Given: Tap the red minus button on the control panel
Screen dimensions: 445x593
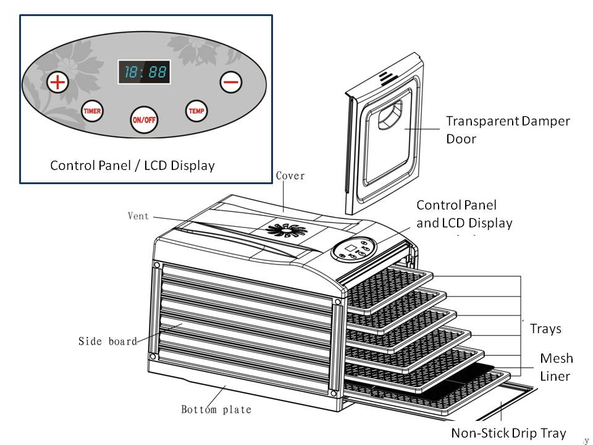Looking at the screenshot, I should click(231, 82).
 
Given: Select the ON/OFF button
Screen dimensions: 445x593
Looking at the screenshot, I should click(144, 119).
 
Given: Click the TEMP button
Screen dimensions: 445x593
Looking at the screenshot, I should click(196, 111).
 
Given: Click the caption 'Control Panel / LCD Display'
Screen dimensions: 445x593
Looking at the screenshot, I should click(132, 166).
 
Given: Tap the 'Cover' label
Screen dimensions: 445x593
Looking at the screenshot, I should click(290, 176).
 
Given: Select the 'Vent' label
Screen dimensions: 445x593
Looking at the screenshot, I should click(138, 216).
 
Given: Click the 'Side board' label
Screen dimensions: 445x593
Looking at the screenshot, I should click(107, 341).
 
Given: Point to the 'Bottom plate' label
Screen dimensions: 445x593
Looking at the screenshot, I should click(216, 409).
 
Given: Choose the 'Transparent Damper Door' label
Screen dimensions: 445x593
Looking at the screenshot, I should click(507, 130).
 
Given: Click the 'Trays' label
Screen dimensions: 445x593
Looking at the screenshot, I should click(545, 329).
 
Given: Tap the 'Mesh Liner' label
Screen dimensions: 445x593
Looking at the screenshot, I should click(556, 367).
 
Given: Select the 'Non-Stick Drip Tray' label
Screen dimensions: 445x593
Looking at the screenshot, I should click(508, 433).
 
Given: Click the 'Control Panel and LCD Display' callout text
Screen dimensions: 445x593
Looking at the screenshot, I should click(464, 213).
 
